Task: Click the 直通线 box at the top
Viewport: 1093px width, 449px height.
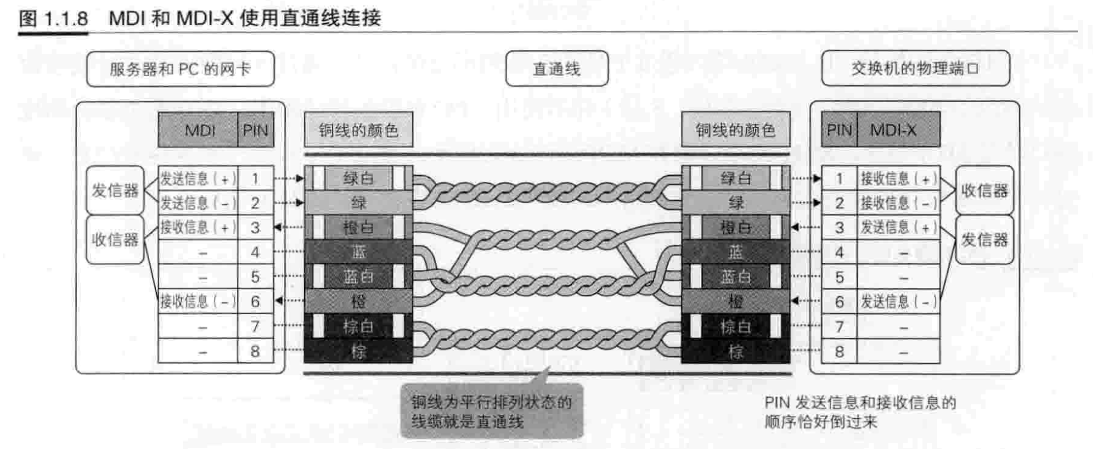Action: (x=557, y=69)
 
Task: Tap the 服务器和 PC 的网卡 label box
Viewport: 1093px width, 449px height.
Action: (x=180, y=69)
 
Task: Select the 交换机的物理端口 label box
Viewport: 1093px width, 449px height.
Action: (x=915, y=68)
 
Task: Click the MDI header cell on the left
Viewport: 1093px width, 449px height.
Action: (x=198, y=130)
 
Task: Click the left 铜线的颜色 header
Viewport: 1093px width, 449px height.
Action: (x=358, y=130)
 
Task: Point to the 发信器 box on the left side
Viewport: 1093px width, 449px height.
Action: (x=115, y=191)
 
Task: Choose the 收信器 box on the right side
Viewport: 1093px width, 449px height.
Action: (x=984, y=191)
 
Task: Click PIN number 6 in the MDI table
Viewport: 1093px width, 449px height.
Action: (x=255, y=302)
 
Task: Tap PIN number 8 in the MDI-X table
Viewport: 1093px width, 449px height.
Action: (x=839, y=352)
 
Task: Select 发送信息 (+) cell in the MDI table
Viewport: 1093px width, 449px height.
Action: (x=198, y=179)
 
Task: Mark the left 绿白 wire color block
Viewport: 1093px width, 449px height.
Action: (x=358, y=178)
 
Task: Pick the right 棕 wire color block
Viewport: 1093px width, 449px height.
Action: (x=735, y=352)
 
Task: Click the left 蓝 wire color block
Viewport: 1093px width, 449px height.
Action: (x=358, y=252)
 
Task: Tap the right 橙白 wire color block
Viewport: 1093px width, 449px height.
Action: (x=735, y=227)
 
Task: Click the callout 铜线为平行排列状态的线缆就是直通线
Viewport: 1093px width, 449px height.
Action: (x=491, y=412)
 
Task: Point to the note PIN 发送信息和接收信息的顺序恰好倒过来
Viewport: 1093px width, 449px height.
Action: (x=860, y=412)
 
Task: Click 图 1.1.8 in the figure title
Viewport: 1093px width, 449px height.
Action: (x=53, y=18)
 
